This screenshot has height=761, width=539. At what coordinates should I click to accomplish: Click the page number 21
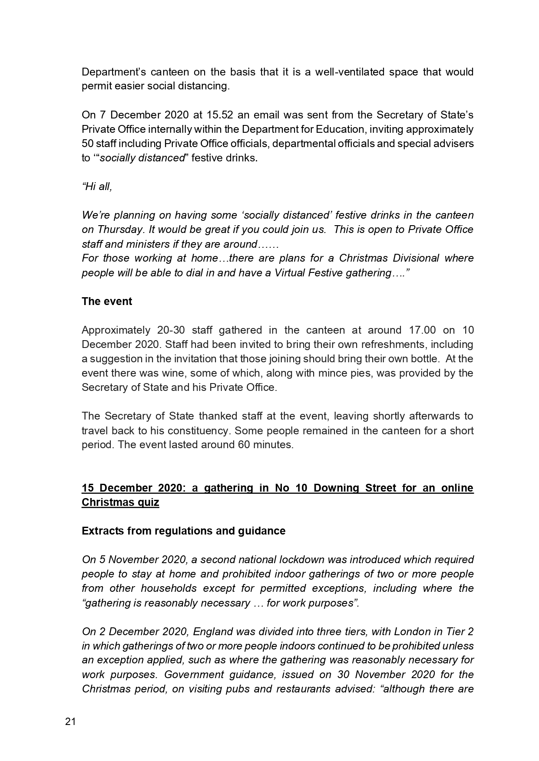70,722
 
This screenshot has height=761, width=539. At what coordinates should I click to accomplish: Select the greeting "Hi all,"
97,187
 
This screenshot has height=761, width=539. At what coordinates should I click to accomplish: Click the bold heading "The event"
107,302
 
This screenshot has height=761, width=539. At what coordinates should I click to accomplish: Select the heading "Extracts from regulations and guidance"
183,531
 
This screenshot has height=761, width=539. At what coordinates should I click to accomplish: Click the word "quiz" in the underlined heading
147,502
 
